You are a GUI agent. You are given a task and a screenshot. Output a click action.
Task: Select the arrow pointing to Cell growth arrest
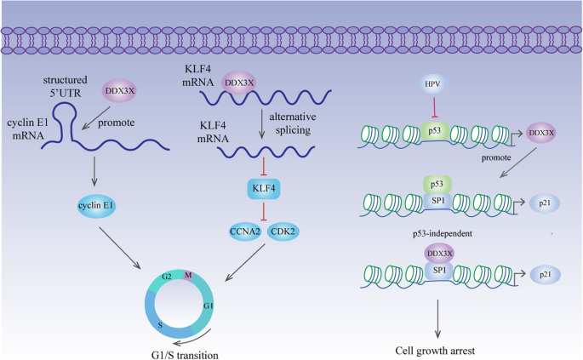click(x=437, y=319)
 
